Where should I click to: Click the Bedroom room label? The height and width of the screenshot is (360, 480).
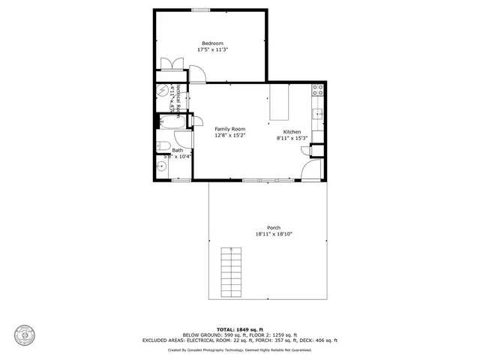click(211, 43)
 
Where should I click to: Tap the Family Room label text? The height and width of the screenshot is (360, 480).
click(230, 129)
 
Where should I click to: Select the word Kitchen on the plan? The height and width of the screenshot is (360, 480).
click(292, 132)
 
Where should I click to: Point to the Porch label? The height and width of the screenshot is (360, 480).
click(273, 228)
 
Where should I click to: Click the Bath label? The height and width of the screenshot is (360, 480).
click(177, 150)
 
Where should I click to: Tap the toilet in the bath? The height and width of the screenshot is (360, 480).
click(162, 146)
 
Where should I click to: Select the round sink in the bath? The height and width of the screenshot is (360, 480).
click(161, 166)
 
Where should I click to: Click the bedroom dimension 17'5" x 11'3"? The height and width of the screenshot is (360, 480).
click(212, 49)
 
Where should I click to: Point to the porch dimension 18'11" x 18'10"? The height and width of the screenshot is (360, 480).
click(273, 234)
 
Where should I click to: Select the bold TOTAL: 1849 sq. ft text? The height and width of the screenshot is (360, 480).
click(239, 329)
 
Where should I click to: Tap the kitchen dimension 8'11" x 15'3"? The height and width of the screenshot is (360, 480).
click(292, 138)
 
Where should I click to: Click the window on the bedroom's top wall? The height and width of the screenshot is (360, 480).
click(200, 10)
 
